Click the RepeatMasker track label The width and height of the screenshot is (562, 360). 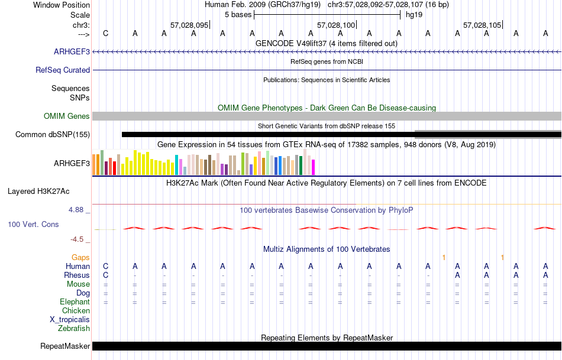point(65,346)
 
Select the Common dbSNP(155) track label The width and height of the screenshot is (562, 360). point(53,134)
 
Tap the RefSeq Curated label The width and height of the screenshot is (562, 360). point(63,70)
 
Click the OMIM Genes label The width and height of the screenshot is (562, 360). point(67,116)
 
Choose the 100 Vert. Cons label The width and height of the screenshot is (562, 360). point(33,225)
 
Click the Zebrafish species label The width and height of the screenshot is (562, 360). point(74,328)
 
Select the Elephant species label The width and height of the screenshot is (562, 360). point(75,301)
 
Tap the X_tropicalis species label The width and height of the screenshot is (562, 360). point(70,319)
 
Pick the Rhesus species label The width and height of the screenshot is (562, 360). point(77,275)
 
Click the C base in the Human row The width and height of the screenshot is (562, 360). point(106,266)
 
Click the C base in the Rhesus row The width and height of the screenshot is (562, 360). point(106,275)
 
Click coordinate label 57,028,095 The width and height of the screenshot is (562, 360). point(189,25)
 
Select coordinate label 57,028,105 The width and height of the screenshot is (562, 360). point(482,25)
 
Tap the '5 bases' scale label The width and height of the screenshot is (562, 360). point(238,14)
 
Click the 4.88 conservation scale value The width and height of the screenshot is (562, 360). point(77,210)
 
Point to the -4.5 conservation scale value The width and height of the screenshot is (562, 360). point(78,239)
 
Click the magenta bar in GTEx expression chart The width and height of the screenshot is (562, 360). point(313,167)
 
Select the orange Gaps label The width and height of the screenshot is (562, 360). point(80,257)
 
